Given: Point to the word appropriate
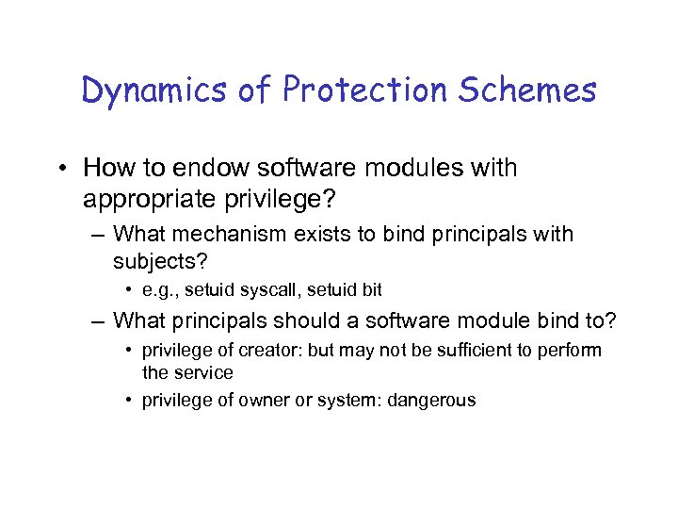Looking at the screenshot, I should point(160,200).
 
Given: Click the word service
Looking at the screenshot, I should point(202,373).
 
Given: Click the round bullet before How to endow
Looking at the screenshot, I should point(63,170).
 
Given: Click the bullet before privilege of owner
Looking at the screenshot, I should point(129,401).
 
